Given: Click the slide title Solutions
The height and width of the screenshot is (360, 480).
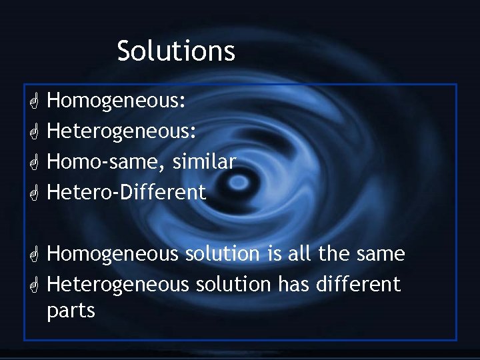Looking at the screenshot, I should pyautogui.click(x=176, y=51).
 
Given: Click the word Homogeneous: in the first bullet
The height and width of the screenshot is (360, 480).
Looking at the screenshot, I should pyautogui.click(x=116, y=101).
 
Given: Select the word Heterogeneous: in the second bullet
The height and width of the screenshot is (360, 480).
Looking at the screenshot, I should pyautogui.click(x=122, y=132).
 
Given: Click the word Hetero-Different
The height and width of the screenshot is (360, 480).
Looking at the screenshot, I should pyautogui.click(x=127, y=193).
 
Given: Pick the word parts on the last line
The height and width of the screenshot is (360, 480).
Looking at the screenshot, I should pyautogui.click(x=71, y=311).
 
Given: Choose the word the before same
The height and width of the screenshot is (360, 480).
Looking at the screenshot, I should pyautogui.click(x=335, y=254).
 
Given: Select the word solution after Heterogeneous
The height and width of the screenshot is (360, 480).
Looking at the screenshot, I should pyautogui.click(x=233, y=284).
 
